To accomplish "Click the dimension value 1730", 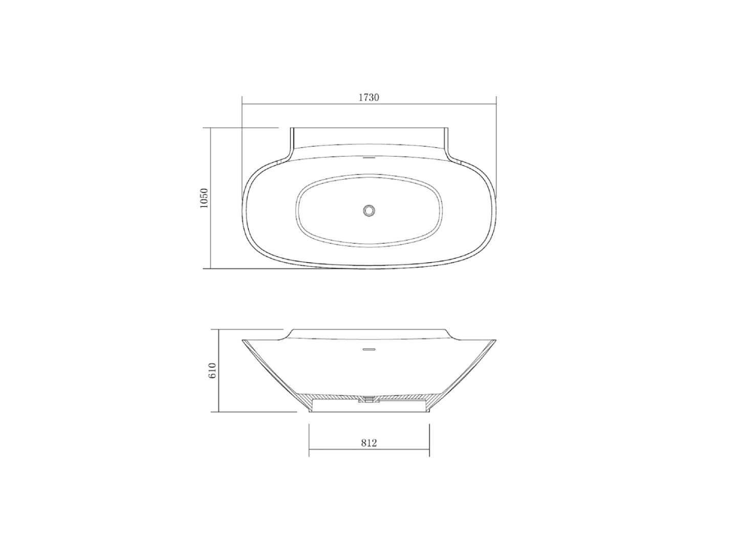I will tap(368, 97).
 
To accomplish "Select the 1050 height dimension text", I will tap(204, 198).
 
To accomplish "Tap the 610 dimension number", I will tap(212, 371).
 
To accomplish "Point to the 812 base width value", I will tap(368, 443).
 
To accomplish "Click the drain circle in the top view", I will tap(369, 210).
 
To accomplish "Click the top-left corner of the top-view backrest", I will tap(291, 128).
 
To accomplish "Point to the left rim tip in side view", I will tap(243, 340).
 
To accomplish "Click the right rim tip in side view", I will tap(495, 339).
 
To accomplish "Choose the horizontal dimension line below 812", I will tap(368, 450).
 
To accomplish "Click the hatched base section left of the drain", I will tap(333, 397).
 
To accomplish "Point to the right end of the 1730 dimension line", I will tap(496, 104).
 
